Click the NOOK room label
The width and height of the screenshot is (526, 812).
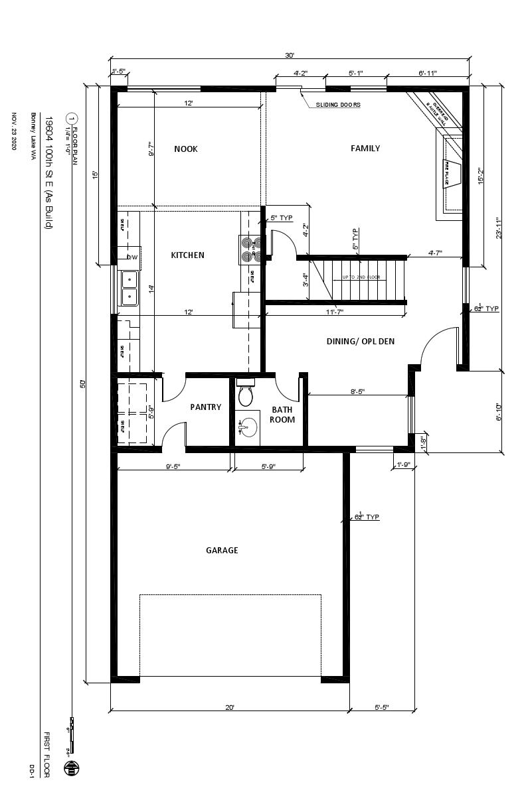coord(186,149)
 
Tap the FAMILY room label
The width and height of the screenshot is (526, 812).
coord(365,148)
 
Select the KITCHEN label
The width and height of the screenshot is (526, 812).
coord(187,255)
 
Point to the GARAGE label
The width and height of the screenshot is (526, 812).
coord(222,550)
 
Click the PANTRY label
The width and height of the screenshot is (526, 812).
coord(205,407)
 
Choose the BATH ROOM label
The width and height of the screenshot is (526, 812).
coord(282,415)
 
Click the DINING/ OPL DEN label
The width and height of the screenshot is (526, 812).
coord(361,341)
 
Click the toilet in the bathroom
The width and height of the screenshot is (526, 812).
coord(246,395)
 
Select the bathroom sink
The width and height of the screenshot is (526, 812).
coord(248,428)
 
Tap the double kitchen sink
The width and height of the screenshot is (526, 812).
coord(129,287)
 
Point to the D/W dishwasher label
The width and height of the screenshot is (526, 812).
coord(133,257)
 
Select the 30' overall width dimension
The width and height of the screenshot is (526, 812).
coord(289,56)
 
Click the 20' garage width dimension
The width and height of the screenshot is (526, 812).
coord(230,708)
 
